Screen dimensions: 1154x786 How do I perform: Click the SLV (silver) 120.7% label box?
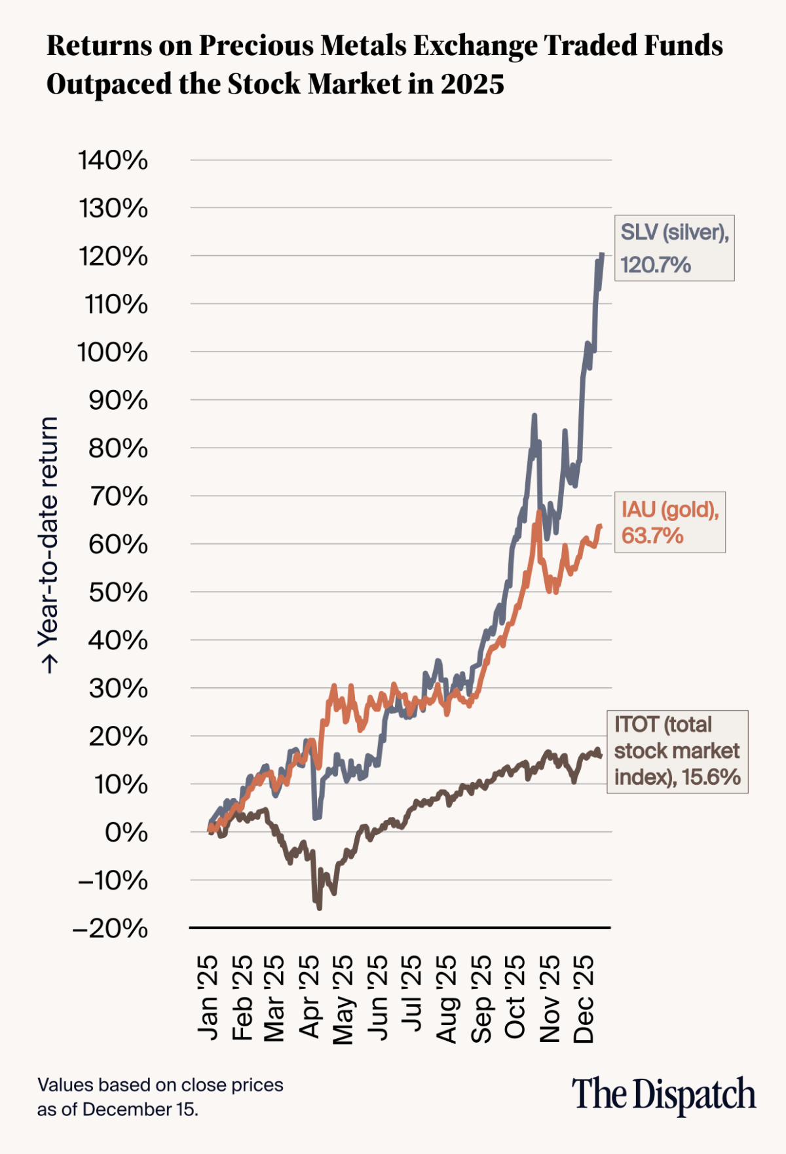pyautogui.click(x=674, y=248)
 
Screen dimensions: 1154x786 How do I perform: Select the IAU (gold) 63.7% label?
pyautogui.click(x=669, y=522)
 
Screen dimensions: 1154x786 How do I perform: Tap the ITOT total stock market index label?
pyautogui.click(x=677, y=751)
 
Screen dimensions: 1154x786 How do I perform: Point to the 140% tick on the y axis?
pyautogui.click(x=113, y=160)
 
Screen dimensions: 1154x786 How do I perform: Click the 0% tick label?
pyautogui.click(x=126, y=833)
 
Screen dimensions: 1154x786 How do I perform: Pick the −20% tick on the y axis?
pyautogui.click(x=111, y=928)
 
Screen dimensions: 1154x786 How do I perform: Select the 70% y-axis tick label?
pyautogui.click(x=118, y=497)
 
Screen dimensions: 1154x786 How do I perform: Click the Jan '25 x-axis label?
pyautogui.click(x=208, y=998)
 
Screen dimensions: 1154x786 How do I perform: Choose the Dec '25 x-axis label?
pyautogui.click(x=584, y=998)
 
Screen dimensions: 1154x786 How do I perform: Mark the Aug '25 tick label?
pyautogui.click(x=447, y=998)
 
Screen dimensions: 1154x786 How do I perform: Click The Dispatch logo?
pyautogui.click(x=664, y=1094)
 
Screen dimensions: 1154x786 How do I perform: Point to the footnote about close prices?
pyautogui.click(x=160, y=1097)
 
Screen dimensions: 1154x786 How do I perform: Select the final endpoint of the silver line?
pyautogui.click(x=602, y=255)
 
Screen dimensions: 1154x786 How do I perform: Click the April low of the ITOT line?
pyautogui.click(x=320, y=907)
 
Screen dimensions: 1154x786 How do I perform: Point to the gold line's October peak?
pyautogui.click(x=538, y=511)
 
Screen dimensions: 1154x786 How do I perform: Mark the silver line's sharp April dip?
pyautogui.click(x=316, y=818)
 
